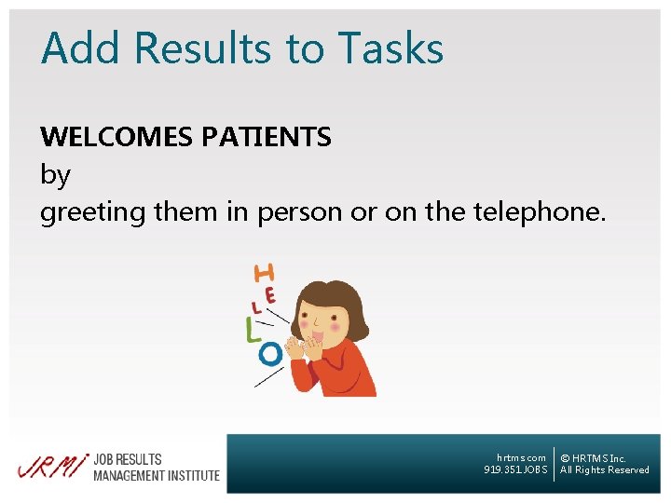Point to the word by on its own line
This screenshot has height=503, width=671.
click(55, 175)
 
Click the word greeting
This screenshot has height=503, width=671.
click(92, 213)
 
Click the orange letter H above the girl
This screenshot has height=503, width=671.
click(265, 273)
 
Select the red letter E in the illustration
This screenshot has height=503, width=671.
click(270, 295)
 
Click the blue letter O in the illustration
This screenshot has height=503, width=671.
click(269, 354)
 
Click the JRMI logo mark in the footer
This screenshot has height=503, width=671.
click(51, 467)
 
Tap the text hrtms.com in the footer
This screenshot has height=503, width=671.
click(521, 457)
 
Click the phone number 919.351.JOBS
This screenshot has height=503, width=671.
click(515, 470)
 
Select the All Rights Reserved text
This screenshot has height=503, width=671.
click(604, 470)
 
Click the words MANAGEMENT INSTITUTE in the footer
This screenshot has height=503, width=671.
click(156, 475)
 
